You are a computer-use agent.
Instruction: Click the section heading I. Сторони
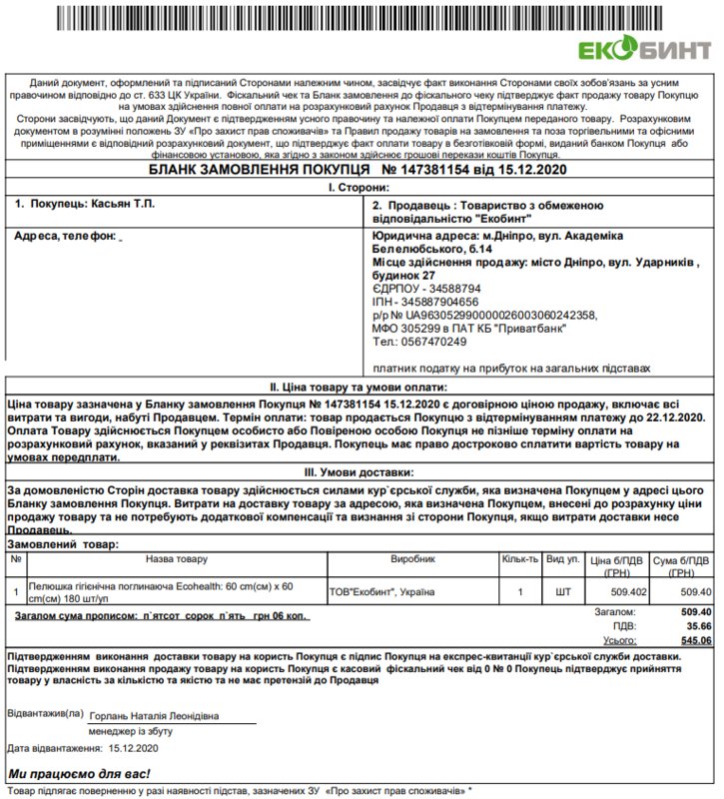coord(361,187)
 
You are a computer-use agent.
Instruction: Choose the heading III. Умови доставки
coord(361,472)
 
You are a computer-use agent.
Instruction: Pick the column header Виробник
coord(413,559)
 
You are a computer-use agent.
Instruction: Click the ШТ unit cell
coord(563,592)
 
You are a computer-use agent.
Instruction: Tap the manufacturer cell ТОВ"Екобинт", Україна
coord(382,592)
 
